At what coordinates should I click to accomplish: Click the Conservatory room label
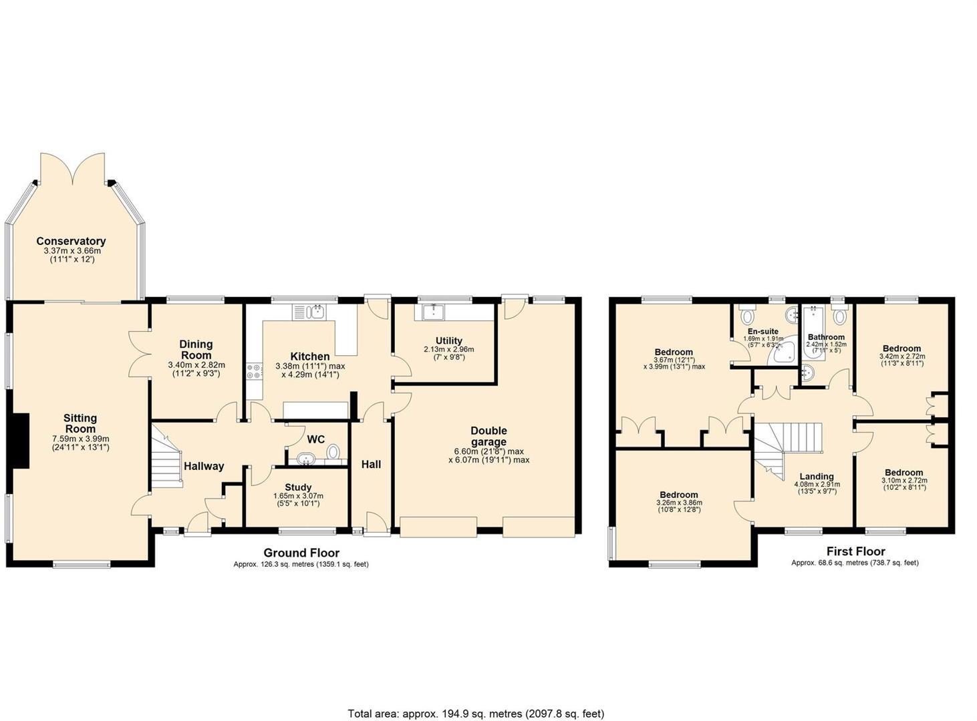[71, 241]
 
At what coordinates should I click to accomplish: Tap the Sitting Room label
[80, 423]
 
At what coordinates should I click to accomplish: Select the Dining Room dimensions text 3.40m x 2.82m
[196, 365]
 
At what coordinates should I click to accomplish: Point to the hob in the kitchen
[254, 371]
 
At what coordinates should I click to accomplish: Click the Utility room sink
[434, 311]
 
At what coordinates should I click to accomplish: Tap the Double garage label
[488, 436]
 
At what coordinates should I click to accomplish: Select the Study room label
[297, 487]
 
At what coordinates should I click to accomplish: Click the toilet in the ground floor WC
[333, 453]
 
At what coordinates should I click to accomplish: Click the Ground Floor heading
[301, 553]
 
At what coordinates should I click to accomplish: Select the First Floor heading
[855, 551]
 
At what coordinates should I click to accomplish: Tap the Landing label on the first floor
[816, 477]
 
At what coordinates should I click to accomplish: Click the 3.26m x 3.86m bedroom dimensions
[679, 503]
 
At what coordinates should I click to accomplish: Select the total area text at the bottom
[476, 714]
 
